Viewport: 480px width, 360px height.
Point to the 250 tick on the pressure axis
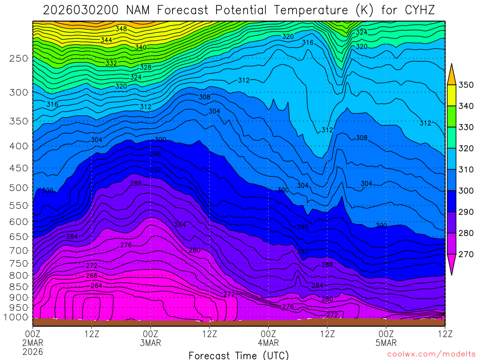coord(19,58)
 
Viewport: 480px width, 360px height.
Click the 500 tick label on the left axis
coord(19,187)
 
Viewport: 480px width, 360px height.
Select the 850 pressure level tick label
coord(19,286)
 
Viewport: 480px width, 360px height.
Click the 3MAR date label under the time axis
coord(150,343)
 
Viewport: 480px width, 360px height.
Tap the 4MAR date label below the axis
coord(268,343)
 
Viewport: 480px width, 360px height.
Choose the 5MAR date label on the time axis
coord(386,343)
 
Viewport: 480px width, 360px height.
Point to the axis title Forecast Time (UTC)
coord(239,355)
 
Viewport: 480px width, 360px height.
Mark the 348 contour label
coord(121,29)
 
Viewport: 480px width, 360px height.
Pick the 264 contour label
coord(96,285)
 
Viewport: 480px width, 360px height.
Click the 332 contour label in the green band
coord(111,63)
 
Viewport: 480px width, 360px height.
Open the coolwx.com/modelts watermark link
coord(431,353)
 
